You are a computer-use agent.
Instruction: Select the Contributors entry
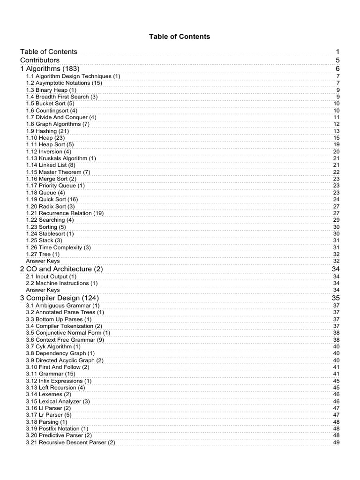[40, 60]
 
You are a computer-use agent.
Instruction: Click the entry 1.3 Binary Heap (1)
[51, 90]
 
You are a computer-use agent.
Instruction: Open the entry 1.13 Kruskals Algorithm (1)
[61, 158]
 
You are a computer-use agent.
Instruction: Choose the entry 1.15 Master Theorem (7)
[58, 172]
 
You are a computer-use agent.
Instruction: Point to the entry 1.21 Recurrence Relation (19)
[65, 213]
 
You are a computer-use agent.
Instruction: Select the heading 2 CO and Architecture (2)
[61, 269]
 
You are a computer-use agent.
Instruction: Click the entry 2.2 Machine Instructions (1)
[62, 283]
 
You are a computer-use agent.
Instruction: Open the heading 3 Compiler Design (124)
[60, 298]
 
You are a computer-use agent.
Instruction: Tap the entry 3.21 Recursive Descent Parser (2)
[70, 442]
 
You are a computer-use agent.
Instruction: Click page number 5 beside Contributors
[337, 60]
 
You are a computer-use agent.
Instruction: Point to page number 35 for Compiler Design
[336, 298]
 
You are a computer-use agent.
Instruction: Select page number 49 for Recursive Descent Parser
[336, 442]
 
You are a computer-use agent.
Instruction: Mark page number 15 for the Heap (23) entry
[336, 138]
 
